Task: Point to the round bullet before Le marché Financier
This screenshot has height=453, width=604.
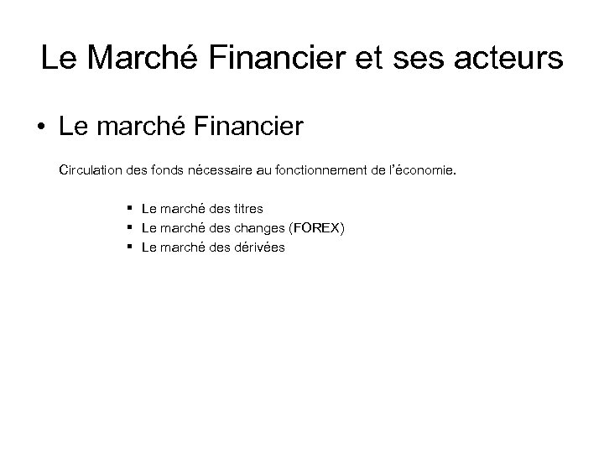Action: pyautogui.click(x=40, y=130)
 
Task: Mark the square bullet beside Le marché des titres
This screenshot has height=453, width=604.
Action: pyautogui.click(x=132, y=207)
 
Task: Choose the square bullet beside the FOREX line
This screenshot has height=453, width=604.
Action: pyautogui.click(x=132, y=227)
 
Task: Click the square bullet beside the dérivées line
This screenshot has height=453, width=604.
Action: pyautogui.click(x=132, y=247)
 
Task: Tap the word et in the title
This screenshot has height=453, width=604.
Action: pyautogui.click(x=371, y=59)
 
